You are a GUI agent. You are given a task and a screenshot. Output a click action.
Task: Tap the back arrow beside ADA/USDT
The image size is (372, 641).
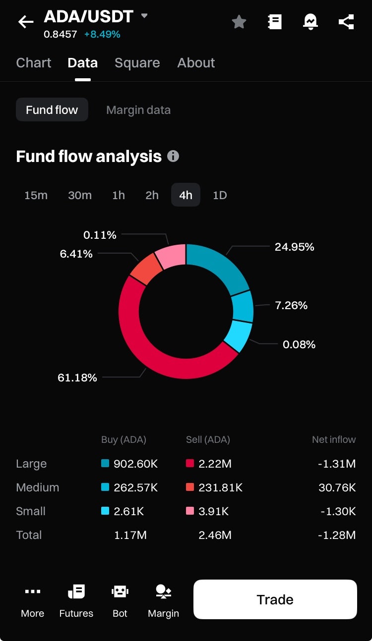coord(26,22)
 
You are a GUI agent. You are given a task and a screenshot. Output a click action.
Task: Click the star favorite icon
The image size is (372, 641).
coord(239,22)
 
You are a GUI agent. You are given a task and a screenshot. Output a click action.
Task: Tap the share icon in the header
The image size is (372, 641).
coord(346,22)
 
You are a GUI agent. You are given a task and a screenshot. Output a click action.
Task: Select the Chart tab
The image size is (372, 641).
coord(34,63)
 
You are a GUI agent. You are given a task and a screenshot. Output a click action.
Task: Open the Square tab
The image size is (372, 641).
coord(137,63)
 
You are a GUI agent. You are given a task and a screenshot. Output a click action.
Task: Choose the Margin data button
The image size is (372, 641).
coord(138,110)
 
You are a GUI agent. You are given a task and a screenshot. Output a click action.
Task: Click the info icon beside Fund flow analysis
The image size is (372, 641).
coord(173,157)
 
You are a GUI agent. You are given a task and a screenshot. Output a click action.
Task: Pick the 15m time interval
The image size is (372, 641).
coord(36,195)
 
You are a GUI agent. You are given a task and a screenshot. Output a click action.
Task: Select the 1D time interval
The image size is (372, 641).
coord(220,195)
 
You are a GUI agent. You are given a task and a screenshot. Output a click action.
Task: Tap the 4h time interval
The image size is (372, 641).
coord(186,195)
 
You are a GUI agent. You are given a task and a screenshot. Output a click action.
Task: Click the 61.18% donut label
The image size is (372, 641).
coord(77,378)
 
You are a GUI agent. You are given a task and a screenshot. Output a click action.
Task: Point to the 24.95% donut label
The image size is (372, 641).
coord(295,247)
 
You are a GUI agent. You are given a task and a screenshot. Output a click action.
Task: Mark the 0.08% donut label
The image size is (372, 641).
coord(299,345)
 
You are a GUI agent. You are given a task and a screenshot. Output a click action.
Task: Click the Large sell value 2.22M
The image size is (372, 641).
coord(215,464)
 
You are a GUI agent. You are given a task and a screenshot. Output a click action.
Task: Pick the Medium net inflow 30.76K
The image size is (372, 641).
coord(337,488)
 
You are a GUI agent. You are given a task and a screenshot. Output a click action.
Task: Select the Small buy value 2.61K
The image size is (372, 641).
coord(128,512)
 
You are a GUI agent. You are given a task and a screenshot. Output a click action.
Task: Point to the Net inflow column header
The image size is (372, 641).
coord(334,440)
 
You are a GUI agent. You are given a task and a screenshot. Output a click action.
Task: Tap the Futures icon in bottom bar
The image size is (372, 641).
coord(76,600)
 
